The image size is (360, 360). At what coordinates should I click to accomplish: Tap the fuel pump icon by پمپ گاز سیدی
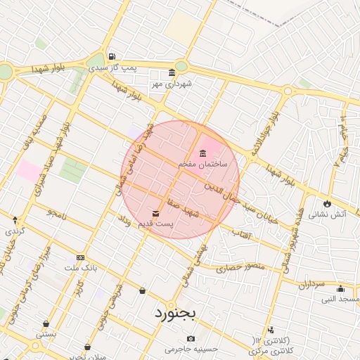click(111, 57)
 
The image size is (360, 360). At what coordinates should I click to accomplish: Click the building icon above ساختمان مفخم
click(202, 153)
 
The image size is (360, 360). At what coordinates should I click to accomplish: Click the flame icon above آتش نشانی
click(326, 204)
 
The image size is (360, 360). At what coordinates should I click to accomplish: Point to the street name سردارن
click(309, 284)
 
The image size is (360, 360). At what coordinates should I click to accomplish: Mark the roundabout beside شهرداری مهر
click(181, 66)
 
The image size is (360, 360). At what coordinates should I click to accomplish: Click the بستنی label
click(46, 335)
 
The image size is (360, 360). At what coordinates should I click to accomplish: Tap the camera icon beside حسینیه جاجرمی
click(191, 339)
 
